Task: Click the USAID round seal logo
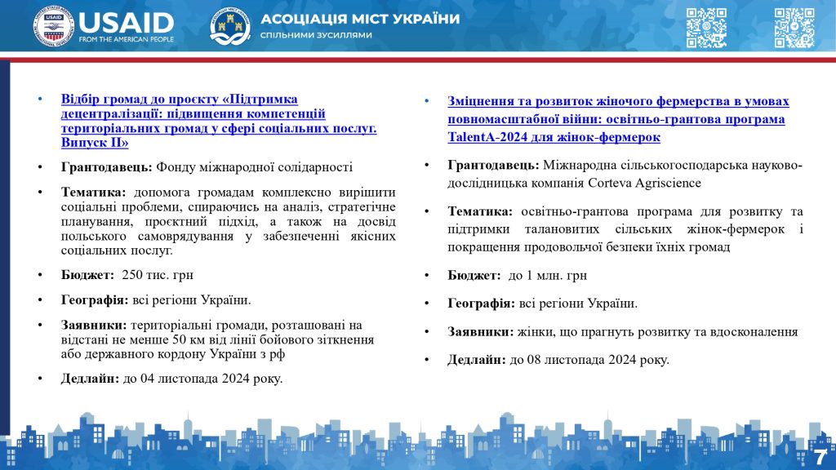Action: [x=54, y=26]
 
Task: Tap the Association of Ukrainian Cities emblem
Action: [x=230, y=26]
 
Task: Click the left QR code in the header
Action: [x=706, y=27]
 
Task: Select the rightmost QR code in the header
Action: [x=794, y=27]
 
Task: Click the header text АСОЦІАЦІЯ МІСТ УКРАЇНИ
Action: [x=360, y=19]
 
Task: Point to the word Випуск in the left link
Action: [x=82, y=143]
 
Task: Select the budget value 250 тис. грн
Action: [x=157, y=274]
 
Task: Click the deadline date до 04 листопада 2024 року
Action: [x=202, y=378]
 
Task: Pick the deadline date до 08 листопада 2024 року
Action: [x=589, y=359]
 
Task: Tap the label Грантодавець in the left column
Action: [x=106, y=166]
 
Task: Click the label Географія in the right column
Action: [x=481, y=304]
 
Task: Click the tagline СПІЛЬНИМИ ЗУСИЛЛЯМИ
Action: [x=316, y=35]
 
